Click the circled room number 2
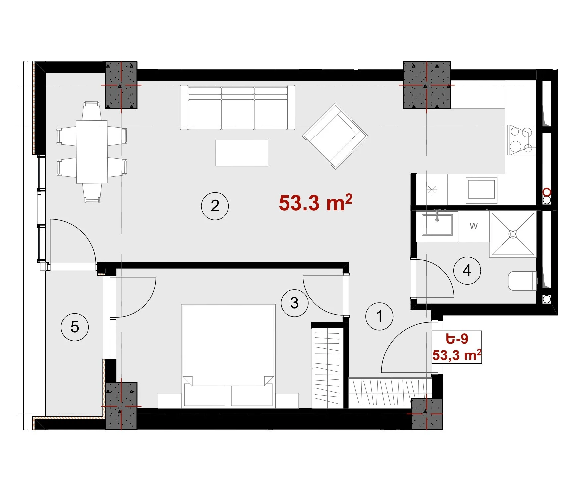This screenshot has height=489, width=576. pos(215,206)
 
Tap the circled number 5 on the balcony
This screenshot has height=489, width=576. pos(75,327)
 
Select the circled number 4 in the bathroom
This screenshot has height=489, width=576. pos(467,270)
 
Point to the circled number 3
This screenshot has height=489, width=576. pos(294,303)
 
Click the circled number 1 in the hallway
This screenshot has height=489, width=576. pos(379,316)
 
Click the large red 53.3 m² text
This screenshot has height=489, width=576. pos(315,202)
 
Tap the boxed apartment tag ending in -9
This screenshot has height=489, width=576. pos(457,347)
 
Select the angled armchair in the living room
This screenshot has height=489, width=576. pos(335,136)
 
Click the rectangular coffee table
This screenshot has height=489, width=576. pos(242,153)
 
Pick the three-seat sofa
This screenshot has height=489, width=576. pos(237,108)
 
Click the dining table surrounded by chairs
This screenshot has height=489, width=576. pos(92,152)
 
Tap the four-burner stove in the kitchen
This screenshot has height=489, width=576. pos(521,140)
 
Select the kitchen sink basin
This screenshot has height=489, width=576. pos(481,190)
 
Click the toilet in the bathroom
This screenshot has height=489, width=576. pos(522,281)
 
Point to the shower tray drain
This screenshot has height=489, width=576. pos(513,234)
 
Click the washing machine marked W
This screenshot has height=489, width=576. pos(474,226)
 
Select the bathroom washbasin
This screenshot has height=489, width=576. pos(437,224)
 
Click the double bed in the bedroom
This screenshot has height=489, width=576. pos(228,356)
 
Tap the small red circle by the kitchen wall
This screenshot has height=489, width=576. pos(547,192)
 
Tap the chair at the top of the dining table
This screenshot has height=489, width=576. pos(92,111)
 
